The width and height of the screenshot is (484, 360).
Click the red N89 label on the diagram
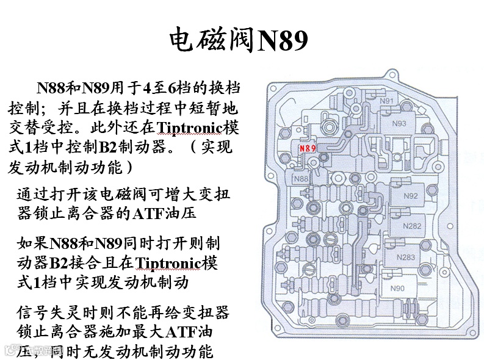(307, 148)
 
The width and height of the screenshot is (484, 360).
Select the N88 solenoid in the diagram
(300, 179)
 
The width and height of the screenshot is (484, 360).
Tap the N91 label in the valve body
(386, 101)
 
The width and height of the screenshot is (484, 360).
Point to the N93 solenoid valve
(399, 124)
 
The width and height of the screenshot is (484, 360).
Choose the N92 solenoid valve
(411, 196)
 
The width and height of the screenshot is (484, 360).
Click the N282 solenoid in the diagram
(413, 226)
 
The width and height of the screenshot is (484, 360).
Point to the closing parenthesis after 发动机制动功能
(128, 167)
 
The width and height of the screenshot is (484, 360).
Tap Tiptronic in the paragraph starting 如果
(171, 264)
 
